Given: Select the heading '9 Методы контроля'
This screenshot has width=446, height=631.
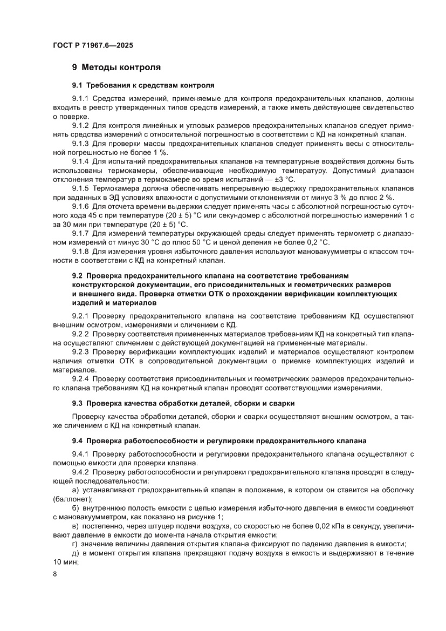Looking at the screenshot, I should coord(116,67).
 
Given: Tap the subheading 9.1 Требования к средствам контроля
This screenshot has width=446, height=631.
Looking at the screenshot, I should coord(143,85).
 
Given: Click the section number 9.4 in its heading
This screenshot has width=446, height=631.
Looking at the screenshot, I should coord(78,439).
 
